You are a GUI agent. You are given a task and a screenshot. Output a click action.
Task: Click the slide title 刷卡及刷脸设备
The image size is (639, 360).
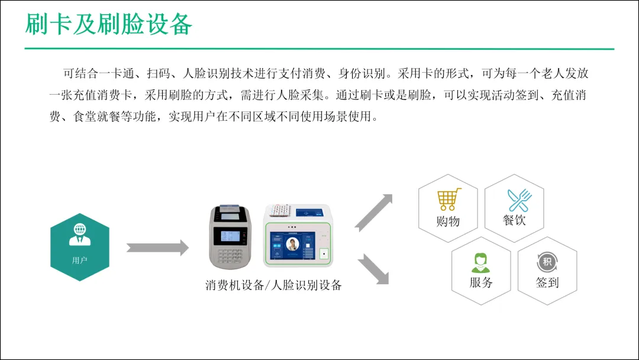tap(109, 24)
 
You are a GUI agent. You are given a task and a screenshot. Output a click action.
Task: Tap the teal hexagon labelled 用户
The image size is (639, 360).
tap(79, 247)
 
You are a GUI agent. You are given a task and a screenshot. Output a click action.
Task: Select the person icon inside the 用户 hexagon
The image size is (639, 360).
tap(79, 234)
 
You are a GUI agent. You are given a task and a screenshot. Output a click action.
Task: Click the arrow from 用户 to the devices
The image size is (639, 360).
tap(157, 247)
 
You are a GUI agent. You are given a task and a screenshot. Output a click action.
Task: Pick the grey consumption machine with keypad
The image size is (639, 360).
tap(231, 237)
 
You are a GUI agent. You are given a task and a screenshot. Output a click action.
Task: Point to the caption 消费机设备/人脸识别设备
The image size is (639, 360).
tap(273, 285)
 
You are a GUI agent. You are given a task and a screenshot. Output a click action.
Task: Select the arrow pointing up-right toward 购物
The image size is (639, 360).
tap(375, 211)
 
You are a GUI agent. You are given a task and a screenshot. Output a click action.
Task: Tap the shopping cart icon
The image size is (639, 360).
tap(448, 200)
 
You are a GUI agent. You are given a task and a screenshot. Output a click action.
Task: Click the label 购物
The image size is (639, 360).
tap(448, 221)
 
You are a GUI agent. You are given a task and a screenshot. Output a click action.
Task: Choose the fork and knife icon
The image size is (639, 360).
tap(519, 200)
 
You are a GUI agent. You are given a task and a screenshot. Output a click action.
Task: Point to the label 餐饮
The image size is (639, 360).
tap(514, 220)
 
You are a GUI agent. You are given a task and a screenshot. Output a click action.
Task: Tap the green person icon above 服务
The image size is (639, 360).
tap(480, 262)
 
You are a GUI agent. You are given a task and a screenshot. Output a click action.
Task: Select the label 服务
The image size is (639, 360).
tap(481, 282)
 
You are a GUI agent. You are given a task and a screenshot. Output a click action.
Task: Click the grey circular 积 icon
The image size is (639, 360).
tap(547, 262)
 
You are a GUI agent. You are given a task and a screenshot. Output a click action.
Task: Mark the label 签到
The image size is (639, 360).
tap(547, 282)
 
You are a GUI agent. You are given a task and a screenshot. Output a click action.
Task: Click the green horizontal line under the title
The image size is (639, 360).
tap(319, 49)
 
